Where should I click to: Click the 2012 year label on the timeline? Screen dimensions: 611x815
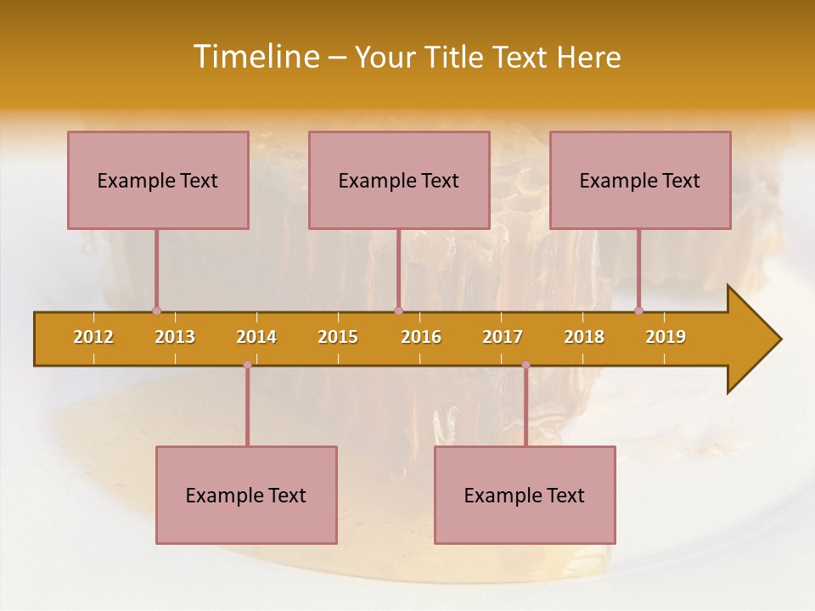point(93,337)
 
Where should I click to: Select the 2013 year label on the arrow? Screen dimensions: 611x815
point(175,337)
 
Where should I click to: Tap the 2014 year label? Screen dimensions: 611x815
point(256,337)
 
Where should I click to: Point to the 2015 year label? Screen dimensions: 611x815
point(338,337)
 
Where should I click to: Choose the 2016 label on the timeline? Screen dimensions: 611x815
point(421,337)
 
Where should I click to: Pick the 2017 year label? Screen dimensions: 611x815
point(503,337)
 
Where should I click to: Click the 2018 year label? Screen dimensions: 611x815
point(584,337)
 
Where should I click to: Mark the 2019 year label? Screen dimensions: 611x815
point(666,337)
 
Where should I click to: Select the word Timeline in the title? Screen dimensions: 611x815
point(255,57)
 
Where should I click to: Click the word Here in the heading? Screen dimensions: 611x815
point(588,57)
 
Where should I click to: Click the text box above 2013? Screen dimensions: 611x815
point(158,180)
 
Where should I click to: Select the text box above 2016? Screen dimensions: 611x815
point(399,180)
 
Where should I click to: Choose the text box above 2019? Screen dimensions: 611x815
point(640,180)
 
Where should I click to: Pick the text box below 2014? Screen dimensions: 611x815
point(246,495)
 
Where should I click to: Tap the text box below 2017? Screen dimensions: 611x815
point(525,495)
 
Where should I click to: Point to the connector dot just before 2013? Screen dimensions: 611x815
point(156,311)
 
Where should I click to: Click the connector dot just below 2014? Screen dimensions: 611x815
point(247,365)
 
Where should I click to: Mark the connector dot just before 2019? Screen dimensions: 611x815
point(639,311)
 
